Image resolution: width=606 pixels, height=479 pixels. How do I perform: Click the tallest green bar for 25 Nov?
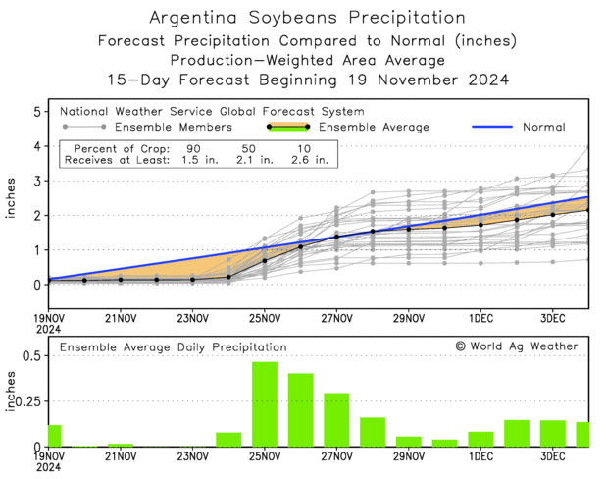click(x=265, y=404)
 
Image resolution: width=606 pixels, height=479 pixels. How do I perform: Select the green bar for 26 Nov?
click(x=300, y=410)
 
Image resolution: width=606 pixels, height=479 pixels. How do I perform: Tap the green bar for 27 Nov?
click(x=336, y=420)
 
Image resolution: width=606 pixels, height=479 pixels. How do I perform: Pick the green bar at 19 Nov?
click(x=55, y=436)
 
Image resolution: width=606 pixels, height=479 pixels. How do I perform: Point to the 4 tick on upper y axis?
click(x=37, y=146)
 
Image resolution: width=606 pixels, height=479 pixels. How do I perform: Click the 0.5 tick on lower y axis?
click(x=31, y=355)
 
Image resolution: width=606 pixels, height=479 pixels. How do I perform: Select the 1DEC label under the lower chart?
click(x=480, y=457)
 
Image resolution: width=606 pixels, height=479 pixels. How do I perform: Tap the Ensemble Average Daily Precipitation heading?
click(x=173, y=346)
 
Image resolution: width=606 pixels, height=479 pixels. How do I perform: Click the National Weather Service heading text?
click(x=211, y=111)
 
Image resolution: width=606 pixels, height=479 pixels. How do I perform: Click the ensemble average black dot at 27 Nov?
click(x=336, y=237)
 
